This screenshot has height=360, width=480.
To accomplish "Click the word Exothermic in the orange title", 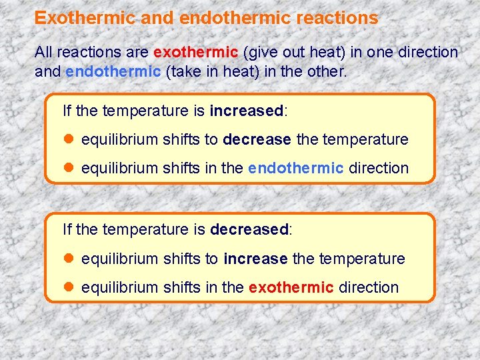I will point(85,18).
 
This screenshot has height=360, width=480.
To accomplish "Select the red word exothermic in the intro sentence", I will point(195,52).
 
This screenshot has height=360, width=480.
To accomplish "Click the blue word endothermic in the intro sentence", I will point(113,71).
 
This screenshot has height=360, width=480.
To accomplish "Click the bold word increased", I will point(247,111).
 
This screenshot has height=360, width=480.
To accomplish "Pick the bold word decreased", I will point(249,229).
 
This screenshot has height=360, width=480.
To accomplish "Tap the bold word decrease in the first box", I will point(257,139).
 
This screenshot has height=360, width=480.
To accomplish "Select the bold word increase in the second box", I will point(255,258).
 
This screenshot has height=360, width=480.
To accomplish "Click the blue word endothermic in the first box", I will point(295,168).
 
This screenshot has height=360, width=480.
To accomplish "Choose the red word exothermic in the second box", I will point(291,287).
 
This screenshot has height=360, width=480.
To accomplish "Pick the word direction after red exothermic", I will point(369,287).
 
